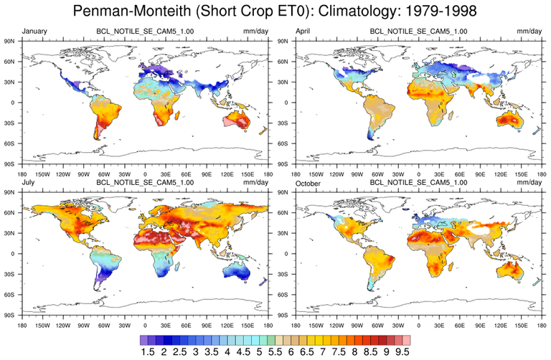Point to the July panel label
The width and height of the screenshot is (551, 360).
point(32,184)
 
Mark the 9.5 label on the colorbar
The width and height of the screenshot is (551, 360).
point(401,351)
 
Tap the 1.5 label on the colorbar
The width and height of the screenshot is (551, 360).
point(149,351)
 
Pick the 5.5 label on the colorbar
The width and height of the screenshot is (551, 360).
point(275,351)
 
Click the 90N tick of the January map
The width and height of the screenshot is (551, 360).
point(11,41)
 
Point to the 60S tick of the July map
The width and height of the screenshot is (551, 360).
point(11,294)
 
